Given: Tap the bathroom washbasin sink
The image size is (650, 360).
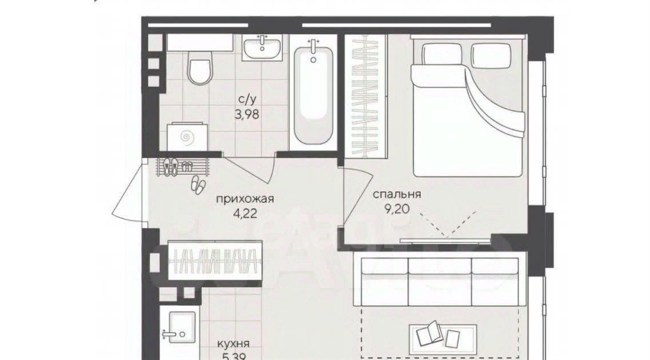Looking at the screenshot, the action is coord(262,47).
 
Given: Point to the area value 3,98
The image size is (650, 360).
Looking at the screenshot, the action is coord(247,114).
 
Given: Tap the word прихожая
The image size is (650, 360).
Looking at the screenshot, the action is coord(245,199).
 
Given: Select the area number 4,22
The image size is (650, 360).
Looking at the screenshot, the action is coord(245,213).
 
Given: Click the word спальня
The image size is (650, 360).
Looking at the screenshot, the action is coord(397,194).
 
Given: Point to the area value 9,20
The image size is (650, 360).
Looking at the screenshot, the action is coord(397,209).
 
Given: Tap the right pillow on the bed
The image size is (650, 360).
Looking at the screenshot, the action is coord(491,56).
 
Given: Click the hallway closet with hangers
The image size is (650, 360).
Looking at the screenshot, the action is coord(215,262).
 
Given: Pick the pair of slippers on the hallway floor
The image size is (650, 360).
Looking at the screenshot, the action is coord(197,183).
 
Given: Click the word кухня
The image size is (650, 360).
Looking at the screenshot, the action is coord(234,343).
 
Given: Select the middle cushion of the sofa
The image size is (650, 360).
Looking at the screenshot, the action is coord(439,282).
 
